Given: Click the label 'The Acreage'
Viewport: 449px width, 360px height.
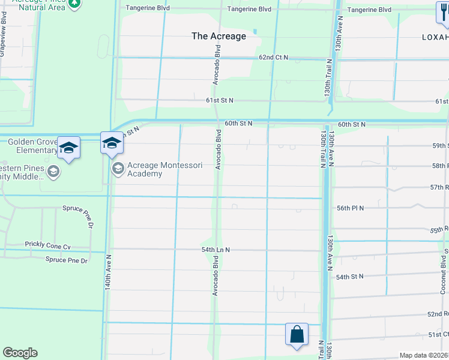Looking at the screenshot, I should tap(218, 36).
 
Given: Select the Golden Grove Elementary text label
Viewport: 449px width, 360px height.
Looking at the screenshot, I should tap(28, 146).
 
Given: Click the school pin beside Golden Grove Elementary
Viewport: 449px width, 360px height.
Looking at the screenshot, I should tap(69, 148).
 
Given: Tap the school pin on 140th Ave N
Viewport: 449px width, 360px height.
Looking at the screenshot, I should tap(112, 143).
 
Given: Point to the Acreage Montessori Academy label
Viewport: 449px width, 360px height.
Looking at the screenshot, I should tap(145, 170).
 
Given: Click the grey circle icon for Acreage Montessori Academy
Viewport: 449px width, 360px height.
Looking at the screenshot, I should tap(118, 168).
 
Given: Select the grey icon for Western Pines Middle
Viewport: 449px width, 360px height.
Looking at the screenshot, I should tap(53, 173).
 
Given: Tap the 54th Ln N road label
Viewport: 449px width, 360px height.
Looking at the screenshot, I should tap(215, 250).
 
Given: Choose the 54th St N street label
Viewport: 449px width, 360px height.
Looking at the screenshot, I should tap(351, 277).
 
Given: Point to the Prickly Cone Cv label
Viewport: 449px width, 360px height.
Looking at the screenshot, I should tap(47, 245).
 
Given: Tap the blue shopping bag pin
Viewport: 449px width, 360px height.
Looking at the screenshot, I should tap(297, 334).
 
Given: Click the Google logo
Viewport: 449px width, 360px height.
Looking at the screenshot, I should tap(20, 353).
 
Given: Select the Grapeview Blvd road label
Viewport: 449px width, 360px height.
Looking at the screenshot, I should tap(2, 39).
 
